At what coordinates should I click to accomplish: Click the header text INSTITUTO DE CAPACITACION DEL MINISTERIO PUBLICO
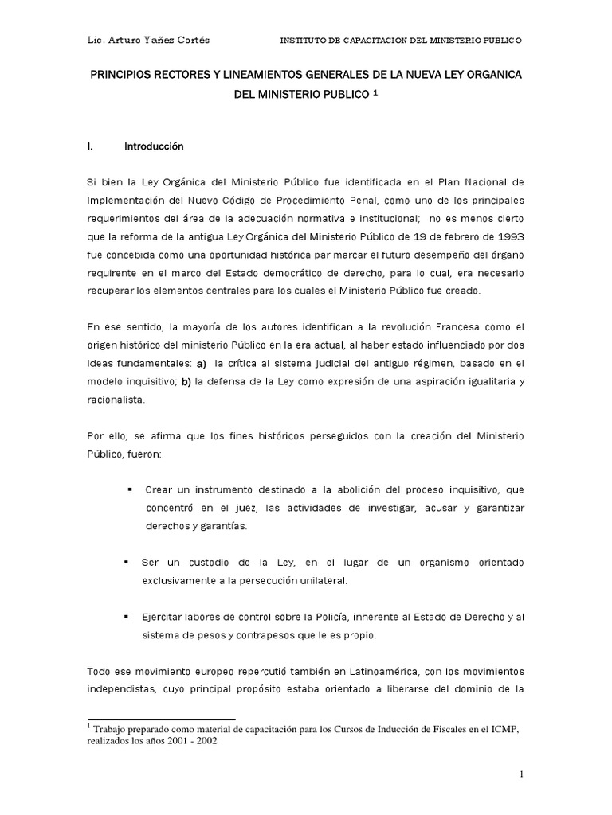[402, 40]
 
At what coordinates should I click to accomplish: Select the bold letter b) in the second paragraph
[186, 382]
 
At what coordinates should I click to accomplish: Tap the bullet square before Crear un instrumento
[128, 488]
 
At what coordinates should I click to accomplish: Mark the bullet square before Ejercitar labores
[128, 617]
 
